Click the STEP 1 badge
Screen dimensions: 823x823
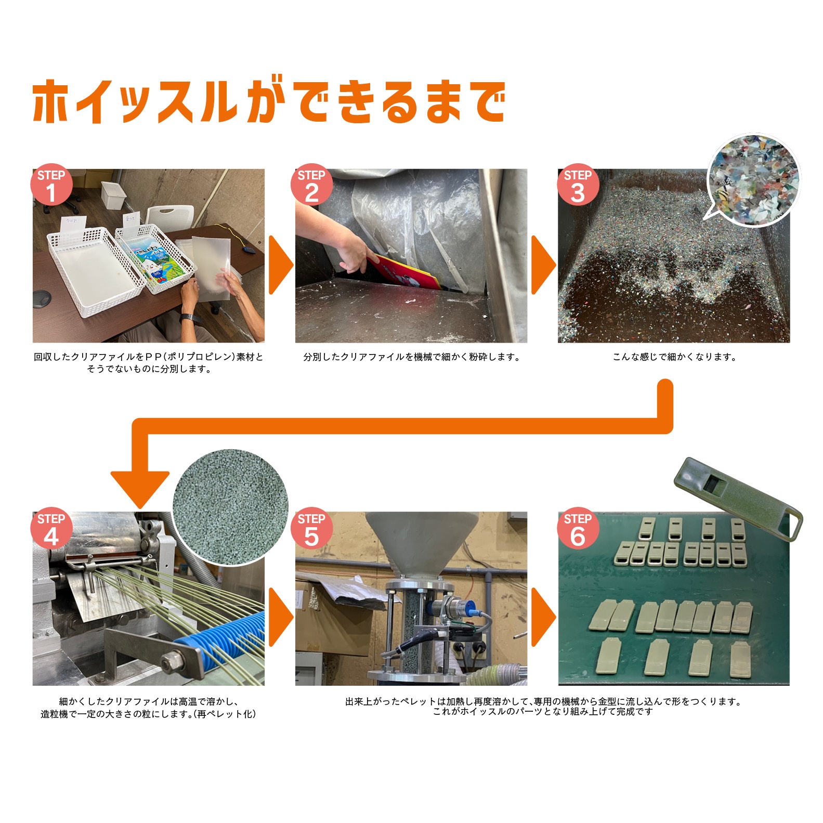[51, 186]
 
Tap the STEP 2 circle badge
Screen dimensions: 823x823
[311, 186]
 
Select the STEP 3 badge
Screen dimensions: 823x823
[578, 186]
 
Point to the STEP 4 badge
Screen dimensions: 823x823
[51, 529]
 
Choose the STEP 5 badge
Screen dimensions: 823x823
[311, 529]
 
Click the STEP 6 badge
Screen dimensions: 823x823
[578, 529]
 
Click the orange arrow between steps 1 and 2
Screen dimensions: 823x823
[280, 265]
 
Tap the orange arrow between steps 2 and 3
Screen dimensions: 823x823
[543, 265]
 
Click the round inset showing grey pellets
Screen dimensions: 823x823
[230, 507]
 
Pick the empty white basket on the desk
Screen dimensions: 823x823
[94, 270]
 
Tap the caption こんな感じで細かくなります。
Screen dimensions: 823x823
[674, 357]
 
